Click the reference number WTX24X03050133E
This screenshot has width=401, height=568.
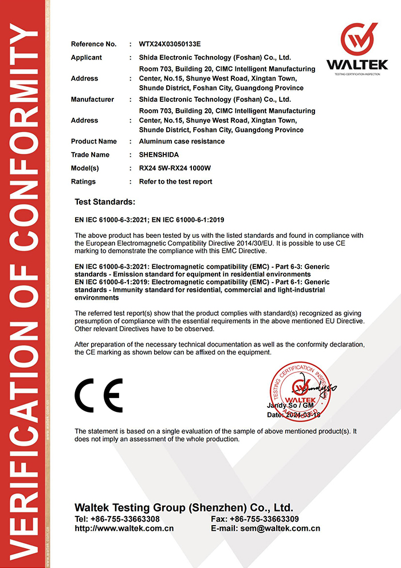(170, 44)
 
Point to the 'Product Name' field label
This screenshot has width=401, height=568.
(94, 141)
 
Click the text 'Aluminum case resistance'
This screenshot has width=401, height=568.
(182, 141)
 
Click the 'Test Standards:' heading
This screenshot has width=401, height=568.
(105, 202)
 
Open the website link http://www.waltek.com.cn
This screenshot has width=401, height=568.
(124, 529)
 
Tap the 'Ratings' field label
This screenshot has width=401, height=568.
(84, 181)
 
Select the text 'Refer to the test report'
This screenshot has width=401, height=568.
(175, 181)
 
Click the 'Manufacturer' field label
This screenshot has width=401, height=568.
(92, 100)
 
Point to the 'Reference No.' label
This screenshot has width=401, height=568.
(94, 44)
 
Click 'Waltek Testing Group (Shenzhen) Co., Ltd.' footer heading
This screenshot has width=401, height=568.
(184, 508)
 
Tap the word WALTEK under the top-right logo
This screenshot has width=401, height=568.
(357, 65)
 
